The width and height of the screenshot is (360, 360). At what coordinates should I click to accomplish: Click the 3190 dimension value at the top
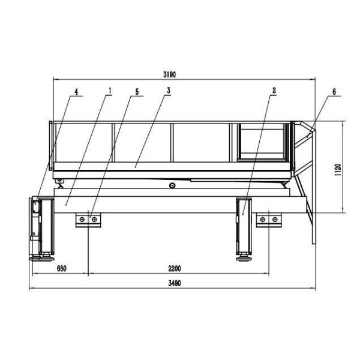click(x=169, y=74)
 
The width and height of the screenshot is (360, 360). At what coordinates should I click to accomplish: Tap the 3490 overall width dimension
click(x=175, y=283)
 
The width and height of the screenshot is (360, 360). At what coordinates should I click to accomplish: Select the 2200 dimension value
click(x=175, y=268)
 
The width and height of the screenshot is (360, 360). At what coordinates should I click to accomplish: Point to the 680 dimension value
click(x=62, y=268)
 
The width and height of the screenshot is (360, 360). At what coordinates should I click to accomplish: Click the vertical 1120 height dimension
click(x=338, y=170)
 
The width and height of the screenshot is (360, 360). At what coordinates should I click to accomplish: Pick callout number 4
click(x=76, y=92)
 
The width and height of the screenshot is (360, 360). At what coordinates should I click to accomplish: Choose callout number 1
click(x=110, y=91)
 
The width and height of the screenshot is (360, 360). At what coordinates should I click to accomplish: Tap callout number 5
click(x=137, y=92)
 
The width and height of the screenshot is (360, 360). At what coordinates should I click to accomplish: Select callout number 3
click(x=169, y=91)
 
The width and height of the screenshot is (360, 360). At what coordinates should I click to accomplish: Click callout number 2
click(x=274, y=91)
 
